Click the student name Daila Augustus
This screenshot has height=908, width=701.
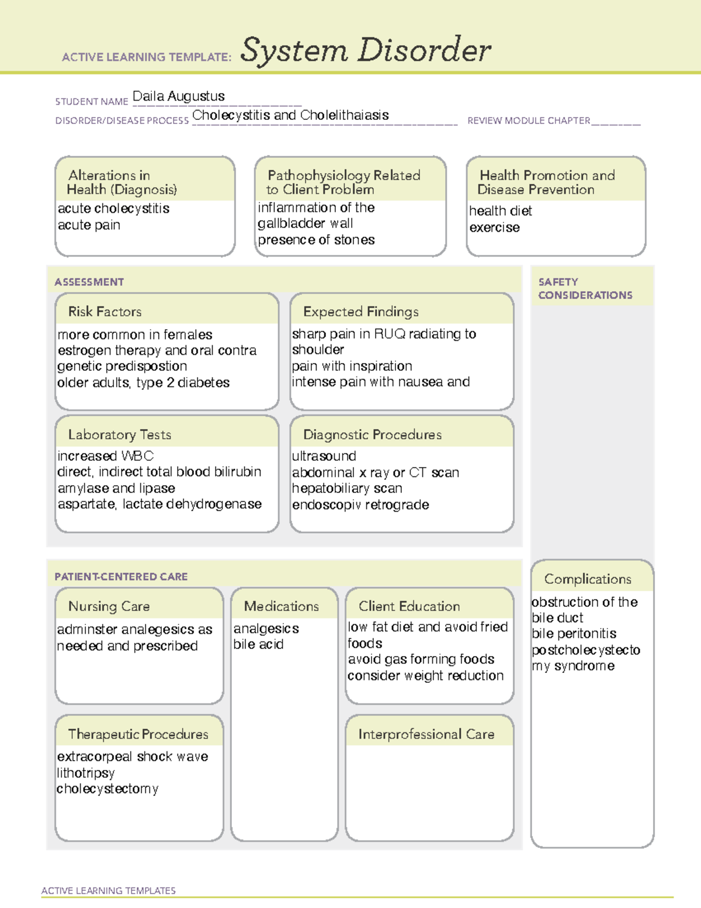pos(178,96)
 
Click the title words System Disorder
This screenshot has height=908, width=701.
pos(366,50)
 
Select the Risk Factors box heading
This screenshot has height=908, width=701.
pos(105,312)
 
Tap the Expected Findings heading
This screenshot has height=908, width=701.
pos(360,312)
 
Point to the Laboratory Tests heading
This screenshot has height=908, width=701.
pos(119,434)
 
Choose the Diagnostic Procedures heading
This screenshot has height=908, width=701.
pos(372,434)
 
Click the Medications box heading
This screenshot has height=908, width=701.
pos(281,606)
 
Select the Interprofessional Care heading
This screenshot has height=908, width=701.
pos(426,734)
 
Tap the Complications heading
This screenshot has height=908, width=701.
pos(587,579)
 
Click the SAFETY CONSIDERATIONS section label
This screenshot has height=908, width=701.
pos(585,288)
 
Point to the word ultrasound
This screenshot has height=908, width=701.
pos(324,456)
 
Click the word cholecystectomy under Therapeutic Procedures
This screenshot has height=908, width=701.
pos(107,789)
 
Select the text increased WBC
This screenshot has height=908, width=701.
pos(105,456)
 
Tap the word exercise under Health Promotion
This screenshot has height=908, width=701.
pos(494,227)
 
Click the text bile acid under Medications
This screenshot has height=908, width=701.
pos(258,644)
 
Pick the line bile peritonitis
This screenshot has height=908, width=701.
pos(574,634)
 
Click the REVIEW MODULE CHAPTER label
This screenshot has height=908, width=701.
pos(529,120)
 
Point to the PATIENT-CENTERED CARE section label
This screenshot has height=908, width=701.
pos(121,576)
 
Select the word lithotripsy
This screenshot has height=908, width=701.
pos(85,773)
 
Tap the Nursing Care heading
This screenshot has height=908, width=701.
pos(109,606)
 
